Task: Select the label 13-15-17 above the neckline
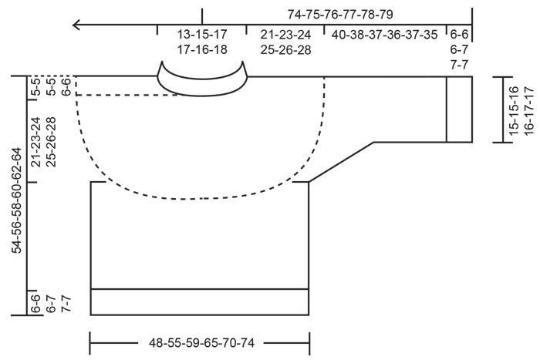(x=201, y=35)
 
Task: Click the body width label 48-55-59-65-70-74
(x=200, y=338)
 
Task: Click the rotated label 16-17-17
(x=529, y=110)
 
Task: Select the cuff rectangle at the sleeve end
(x=459, y=109)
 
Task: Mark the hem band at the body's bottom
(x=200, y=301)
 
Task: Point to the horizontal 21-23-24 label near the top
(x=285, y=35)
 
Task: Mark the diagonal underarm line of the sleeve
(x=341, y=162)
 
